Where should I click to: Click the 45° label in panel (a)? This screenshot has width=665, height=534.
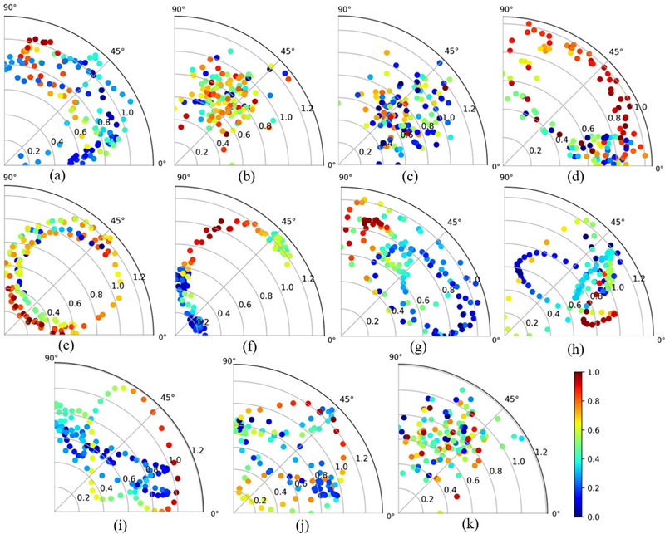pyautogui.click(x=117, y=51)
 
